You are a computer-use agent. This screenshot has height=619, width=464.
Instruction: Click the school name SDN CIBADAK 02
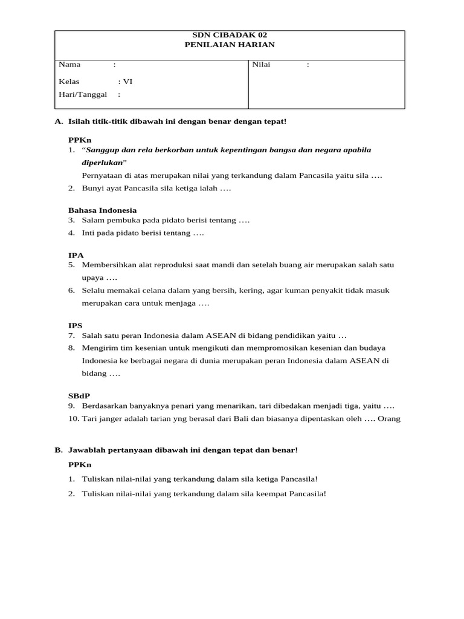[x=229, y=35]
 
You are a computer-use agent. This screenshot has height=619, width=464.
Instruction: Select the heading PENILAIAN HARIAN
[x=229, y=45]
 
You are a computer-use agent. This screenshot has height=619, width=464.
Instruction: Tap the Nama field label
[x=69, y=64]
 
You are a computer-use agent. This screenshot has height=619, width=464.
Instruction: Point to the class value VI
[x=127, y=82]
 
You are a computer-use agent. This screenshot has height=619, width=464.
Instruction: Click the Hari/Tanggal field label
[x=82, y=94]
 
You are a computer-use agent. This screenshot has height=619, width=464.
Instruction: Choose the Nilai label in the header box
[x=261, y=64]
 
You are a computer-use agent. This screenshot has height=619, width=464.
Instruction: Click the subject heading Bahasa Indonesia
[x=102, y=210]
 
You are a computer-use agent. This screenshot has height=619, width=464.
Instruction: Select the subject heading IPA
[x=76, y=255]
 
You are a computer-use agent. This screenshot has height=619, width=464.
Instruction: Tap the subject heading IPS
[x=76, y=325]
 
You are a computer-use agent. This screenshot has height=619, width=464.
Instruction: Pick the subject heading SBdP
[x=79, y=395]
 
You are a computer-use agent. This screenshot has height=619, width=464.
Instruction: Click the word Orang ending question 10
[x=388, y=418]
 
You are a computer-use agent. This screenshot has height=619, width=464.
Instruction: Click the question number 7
[x=71, y=335]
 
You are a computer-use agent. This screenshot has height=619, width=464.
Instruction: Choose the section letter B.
[x=59, y=450]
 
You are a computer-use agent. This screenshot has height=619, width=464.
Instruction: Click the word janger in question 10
[x=105, y=418]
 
